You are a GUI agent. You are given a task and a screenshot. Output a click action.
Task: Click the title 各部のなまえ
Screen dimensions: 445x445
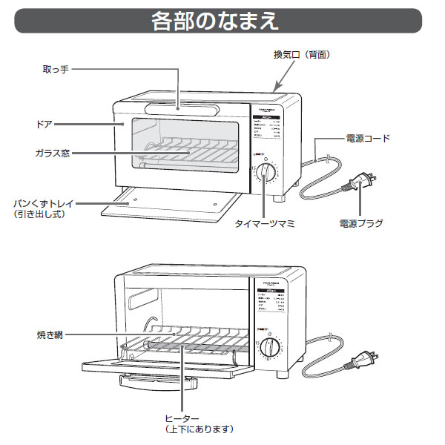pos(215,20)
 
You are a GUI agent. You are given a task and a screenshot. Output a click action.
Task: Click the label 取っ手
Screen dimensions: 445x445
pos(55,69)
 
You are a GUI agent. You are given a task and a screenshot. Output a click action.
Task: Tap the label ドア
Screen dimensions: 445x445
pos(44,122)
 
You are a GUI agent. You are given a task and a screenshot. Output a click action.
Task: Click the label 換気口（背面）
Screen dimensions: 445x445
pos(301,55)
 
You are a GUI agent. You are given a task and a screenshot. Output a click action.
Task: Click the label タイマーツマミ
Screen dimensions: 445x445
pos(265,222)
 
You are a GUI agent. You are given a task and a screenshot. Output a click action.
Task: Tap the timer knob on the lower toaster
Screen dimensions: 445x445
pos(271,348)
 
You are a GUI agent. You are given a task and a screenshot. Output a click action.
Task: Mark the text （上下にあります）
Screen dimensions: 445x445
pos(199,429)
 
